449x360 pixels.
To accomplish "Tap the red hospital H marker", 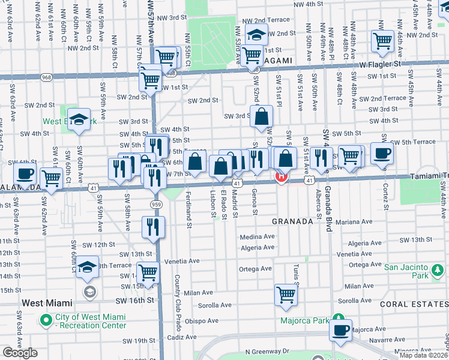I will click(280, 176).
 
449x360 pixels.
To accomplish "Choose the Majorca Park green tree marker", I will click(338, 319).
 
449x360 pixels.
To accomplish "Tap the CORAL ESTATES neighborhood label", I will click(415, 304).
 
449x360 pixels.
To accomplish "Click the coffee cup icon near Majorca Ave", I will click(341, 329).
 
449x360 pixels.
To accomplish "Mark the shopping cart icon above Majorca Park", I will click(286, 294).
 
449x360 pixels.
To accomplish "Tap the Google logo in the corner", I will click(20, 353).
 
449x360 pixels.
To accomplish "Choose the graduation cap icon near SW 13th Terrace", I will click(88, 266).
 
